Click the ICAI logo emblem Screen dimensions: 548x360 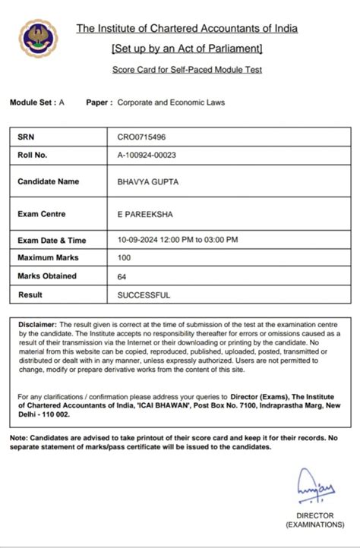[x=33, y=39]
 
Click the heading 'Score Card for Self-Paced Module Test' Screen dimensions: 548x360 [x=187, y=70]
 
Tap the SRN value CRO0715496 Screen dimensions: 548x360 [x=142, y=137]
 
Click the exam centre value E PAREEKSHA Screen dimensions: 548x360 [x=144, y=214]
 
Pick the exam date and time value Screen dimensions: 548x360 [x=178, y=240]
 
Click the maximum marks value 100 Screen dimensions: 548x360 [x=125, y=258]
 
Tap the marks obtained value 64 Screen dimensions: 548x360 [x=122, y=276]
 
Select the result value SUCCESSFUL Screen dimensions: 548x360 [x=144, y=294]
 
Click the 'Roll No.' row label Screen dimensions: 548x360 [x=33, y=155]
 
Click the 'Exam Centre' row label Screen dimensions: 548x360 [x=42, y=214]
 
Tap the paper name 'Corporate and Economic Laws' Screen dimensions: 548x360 [x=172, y=102]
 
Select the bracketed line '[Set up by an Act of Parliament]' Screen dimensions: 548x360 [x=187, y=49]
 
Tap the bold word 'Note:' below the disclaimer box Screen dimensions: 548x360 [x=18, y=438]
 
